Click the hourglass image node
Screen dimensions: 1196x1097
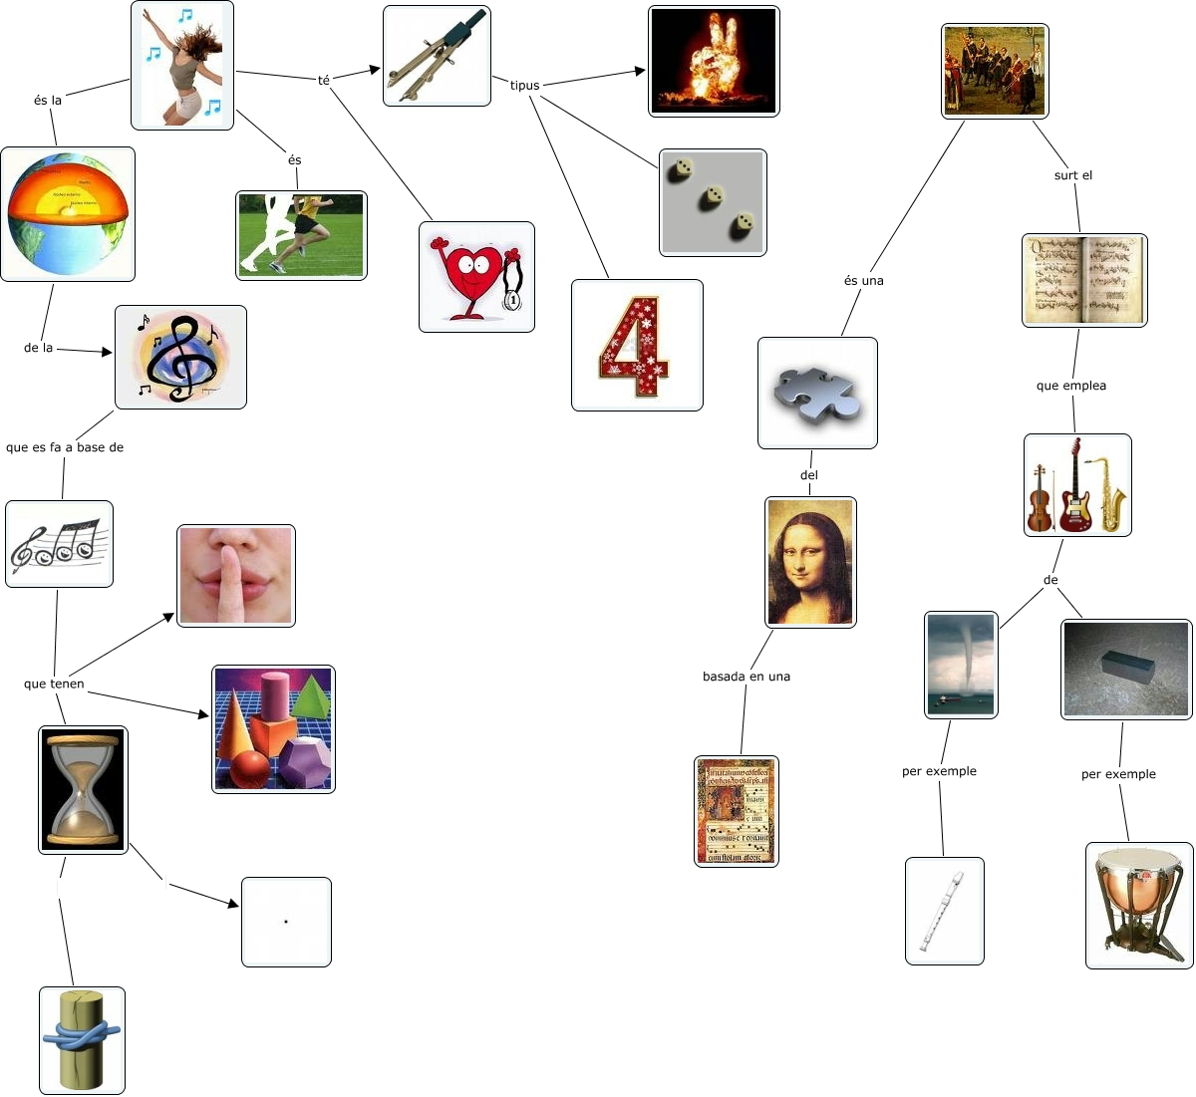click(84, 790)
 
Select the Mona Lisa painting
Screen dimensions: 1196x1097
click(810, 562)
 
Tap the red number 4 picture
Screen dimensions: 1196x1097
click(637, 345)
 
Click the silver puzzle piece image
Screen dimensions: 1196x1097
click(817, 393)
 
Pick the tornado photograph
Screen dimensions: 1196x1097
click(961, 665)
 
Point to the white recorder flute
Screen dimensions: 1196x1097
click(944, 911)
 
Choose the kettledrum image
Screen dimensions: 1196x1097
click(1139, 905)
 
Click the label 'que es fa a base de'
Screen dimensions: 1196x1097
click(65, 447)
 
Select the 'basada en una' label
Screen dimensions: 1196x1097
click(747, 677)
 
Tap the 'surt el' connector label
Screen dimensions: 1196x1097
click(1073, 175)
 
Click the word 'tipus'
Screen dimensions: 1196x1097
click(524, 86)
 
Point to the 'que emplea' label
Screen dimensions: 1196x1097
click(1071, 386)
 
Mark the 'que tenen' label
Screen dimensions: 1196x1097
click(54, 684)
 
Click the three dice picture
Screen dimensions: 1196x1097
click(713, 202)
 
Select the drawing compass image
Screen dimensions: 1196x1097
click(437, 56)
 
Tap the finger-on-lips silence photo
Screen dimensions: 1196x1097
click(236, 576)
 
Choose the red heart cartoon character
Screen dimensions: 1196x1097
click(476, 277)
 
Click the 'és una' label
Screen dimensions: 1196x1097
click(864, 281)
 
